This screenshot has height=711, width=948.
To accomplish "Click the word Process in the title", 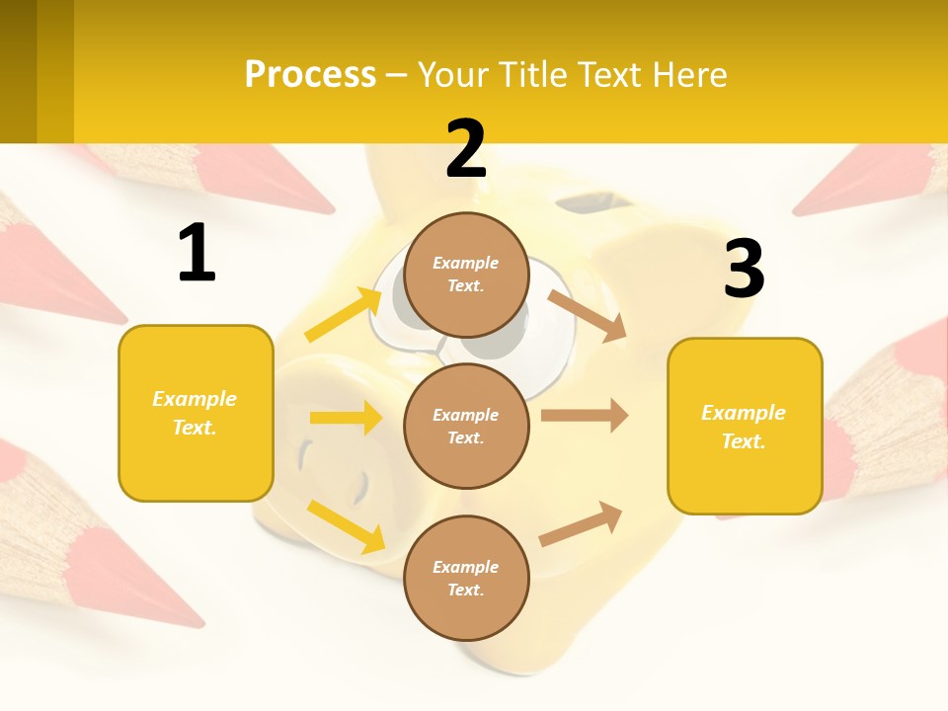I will [310, 75].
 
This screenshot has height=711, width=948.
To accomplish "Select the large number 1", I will [197, 254].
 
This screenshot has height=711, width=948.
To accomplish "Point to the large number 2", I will [466, 149].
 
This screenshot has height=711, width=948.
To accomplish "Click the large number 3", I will [744, 269].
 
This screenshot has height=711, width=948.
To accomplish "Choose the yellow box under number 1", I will [196, 413].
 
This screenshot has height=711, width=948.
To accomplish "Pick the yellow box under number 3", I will [745, 426].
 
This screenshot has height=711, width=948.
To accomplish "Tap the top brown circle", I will [466, 275].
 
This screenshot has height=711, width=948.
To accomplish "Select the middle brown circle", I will [466, 426].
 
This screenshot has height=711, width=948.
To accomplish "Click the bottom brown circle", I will [466, 578].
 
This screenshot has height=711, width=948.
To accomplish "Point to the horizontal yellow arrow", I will [346, 418].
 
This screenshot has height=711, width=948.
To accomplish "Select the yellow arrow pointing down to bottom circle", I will [347, 525].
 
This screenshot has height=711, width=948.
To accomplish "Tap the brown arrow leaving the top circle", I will [588, 315].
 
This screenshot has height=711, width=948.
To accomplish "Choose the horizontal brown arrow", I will [585, 415].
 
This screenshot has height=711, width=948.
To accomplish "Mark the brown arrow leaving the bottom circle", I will [581, 523].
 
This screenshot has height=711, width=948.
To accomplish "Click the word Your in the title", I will [451, 75].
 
